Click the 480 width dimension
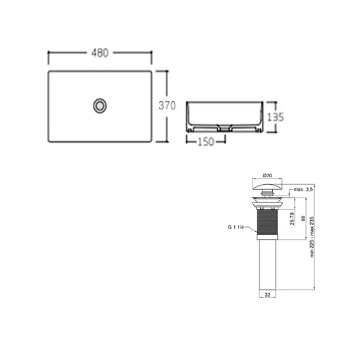click(100, 53)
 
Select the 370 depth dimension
click(166, 106)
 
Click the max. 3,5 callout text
click(304, 190)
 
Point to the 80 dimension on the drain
click(302, 219)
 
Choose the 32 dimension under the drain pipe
click(267, 296)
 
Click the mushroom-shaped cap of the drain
click(267, 186)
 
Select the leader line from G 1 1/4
click(250, 227)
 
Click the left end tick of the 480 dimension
click(48, 53)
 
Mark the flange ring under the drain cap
click(267, 202)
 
